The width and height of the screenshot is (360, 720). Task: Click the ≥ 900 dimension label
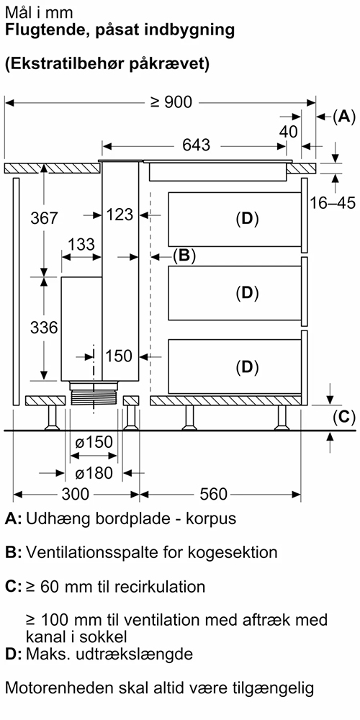[171, 102]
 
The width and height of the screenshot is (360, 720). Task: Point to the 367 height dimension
[44, 217]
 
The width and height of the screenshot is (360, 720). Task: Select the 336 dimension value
[44, 328]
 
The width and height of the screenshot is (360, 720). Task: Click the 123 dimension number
[120, 215]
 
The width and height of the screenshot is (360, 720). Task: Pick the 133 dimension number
[81, 244]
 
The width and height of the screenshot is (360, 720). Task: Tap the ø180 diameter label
[93, 473]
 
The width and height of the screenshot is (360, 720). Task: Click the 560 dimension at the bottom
[214, 494]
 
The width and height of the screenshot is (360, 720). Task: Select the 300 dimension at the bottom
[76, 494]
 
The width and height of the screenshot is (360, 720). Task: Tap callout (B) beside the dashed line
[184, 256]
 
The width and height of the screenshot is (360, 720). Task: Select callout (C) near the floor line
[344, 417]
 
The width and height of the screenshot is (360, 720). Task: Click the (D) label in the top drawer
[247, 219]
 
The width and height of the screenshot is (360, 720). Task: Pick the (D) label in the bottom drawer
[247, 367]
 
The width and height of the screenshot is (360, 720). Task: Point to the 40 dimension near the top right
[289, 132]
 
